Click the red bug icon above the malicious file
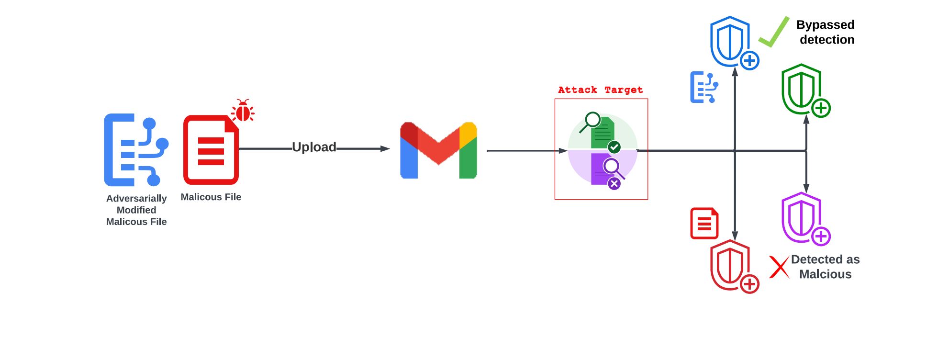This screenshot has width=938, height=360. [x=243, y=111]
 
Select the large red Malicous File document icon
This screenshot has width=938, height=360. [x=211, y=150]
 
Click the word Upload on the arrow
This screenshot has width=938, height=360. [x=314, y=147]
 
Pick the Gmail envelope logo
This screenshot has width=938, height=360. [x=438, y=150]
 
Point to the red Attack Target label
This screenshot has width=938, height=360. [x=601, y=90]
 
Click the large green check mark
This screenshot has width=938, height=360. [x=774, y=33]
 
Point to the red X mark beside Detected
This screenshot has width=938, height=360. [x=779, y=267]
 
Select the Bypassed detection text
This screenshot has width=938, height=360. [x=826, y=32]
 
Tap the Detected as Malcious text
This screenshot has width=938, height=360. [x=825, y=267]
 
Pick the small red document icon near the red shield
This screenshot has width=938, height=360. [x=704, y=223]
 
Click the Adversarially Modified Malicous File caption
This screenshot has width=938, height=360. [x=136, y=210]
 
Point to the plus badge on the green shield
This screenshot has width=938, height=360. [x=821, y=108]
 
